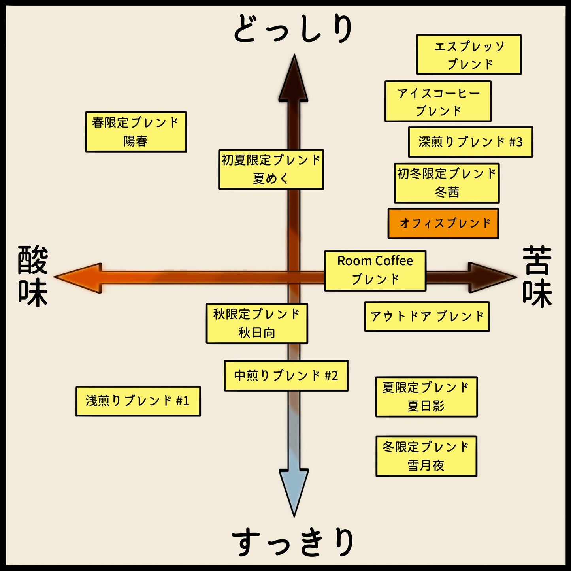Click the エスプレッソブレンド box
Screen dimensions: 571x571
pyautogui.click(x=469, y=55)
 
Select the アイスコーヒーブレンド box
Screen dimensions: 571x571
pyautogui.click(x=438, y=101)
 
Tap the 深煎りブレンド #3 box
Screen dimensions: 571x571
pyautogui.click(x=470, y=142)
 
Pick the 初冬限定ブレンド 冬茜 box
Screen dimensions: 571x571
pyautogui.click(x=447, y=183)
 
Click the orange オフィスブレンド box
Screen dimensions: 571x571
pyautogui.click(x=443, y=224)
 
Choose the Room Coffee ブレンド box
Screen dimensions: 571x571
pyautogui.click(x=375, y=271)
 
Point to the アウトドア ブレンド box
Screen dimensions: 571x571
pyautogui.click(x=427, y=317)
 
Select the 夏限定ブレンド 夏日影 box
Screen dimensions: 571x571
pyautogui.click(x=426, y=397)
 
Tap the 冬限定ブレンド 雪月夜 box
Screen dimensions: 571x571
pyautogui.click(x=426, y=456)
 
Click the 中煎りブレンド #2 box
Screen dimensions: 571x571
pyautogui.click(x=286, y=376)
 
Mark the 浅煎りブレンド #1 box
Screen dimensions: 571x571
pyautogui.click(x=138, y=401)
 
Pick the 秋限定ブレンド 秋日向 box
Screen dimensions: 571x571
pyautogui.click(x=257, y=324)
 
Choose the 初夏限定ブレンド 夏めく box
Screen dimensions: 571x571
pyautogui.click(x=271, y=170)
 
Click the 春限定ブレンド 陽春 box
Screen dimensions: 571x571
pyautogui.click(x=136, y=132)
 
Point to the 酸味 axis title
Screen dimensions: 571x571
pyautogui.click(x=33, y=276)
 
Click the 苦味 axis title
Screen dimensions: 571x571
pyautogui.click(x=537, y=276)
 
